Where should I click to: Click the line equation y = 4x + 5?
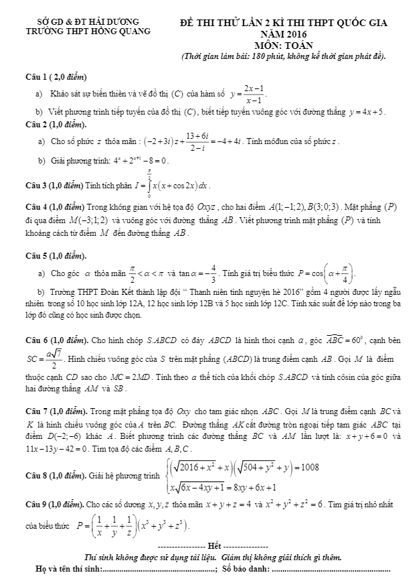point(366,111)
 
